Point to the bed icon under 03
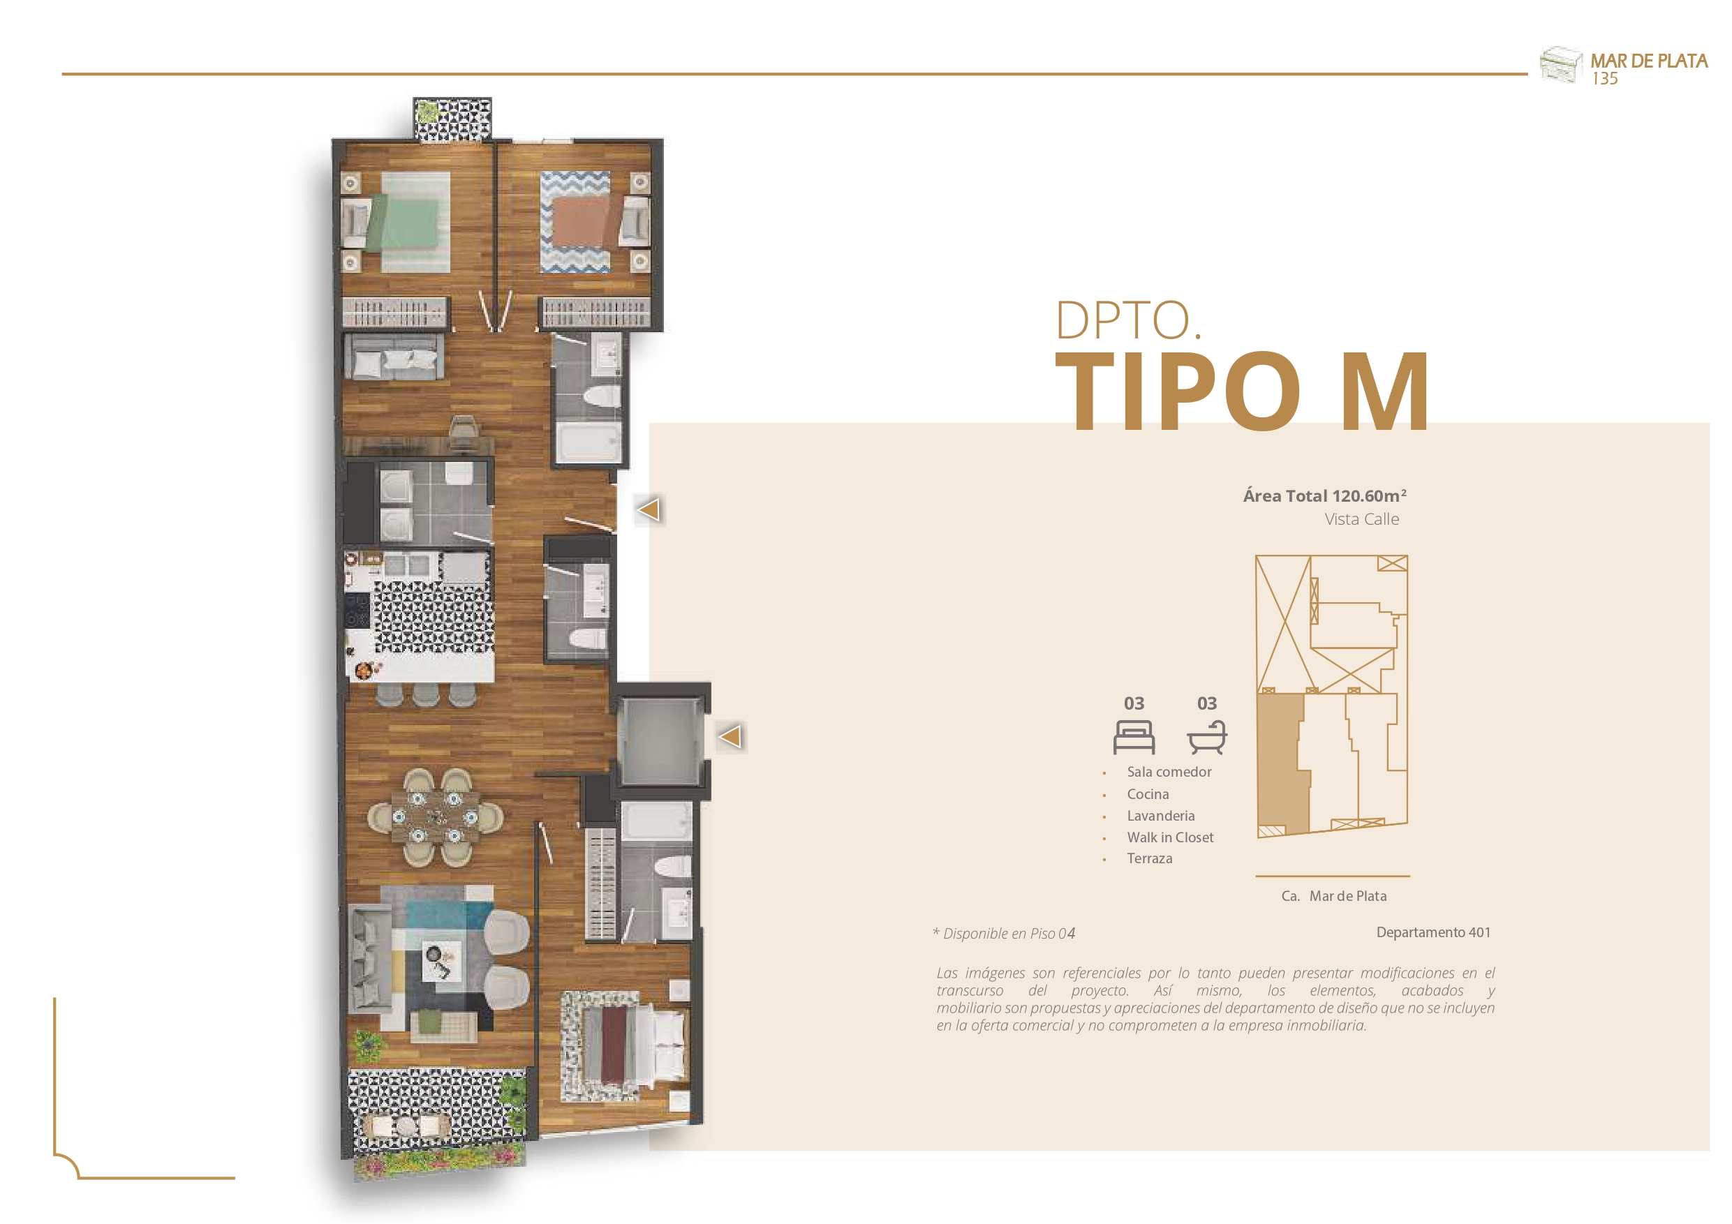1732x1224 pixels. [x=1134, y=737]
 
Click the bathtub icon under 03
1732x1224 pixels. [x=1207, y=737]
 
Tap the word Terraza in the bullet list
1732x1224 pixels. [x=1150, y=858]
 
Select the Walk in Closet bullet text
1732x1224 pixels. [x=1170, y=837]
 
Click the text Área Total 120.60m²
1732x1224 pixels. [x=1324, y=495]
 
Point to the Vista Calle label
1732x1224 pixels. [x=1361, y=519]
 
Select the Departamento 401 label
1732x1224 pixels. [x=1433, y=932]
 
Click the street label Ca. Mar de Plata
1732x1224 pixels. [x=1333, y=896]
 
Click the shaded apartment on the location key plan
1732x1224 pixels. [x=1282, y=763]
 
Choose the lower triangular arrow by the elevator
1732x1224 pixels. [x=730, y=736]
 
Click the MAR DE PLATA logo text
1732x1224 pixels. [x=1649, y=61]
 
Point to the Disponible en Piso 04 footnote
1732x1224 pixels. [x=1004, y=934]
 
